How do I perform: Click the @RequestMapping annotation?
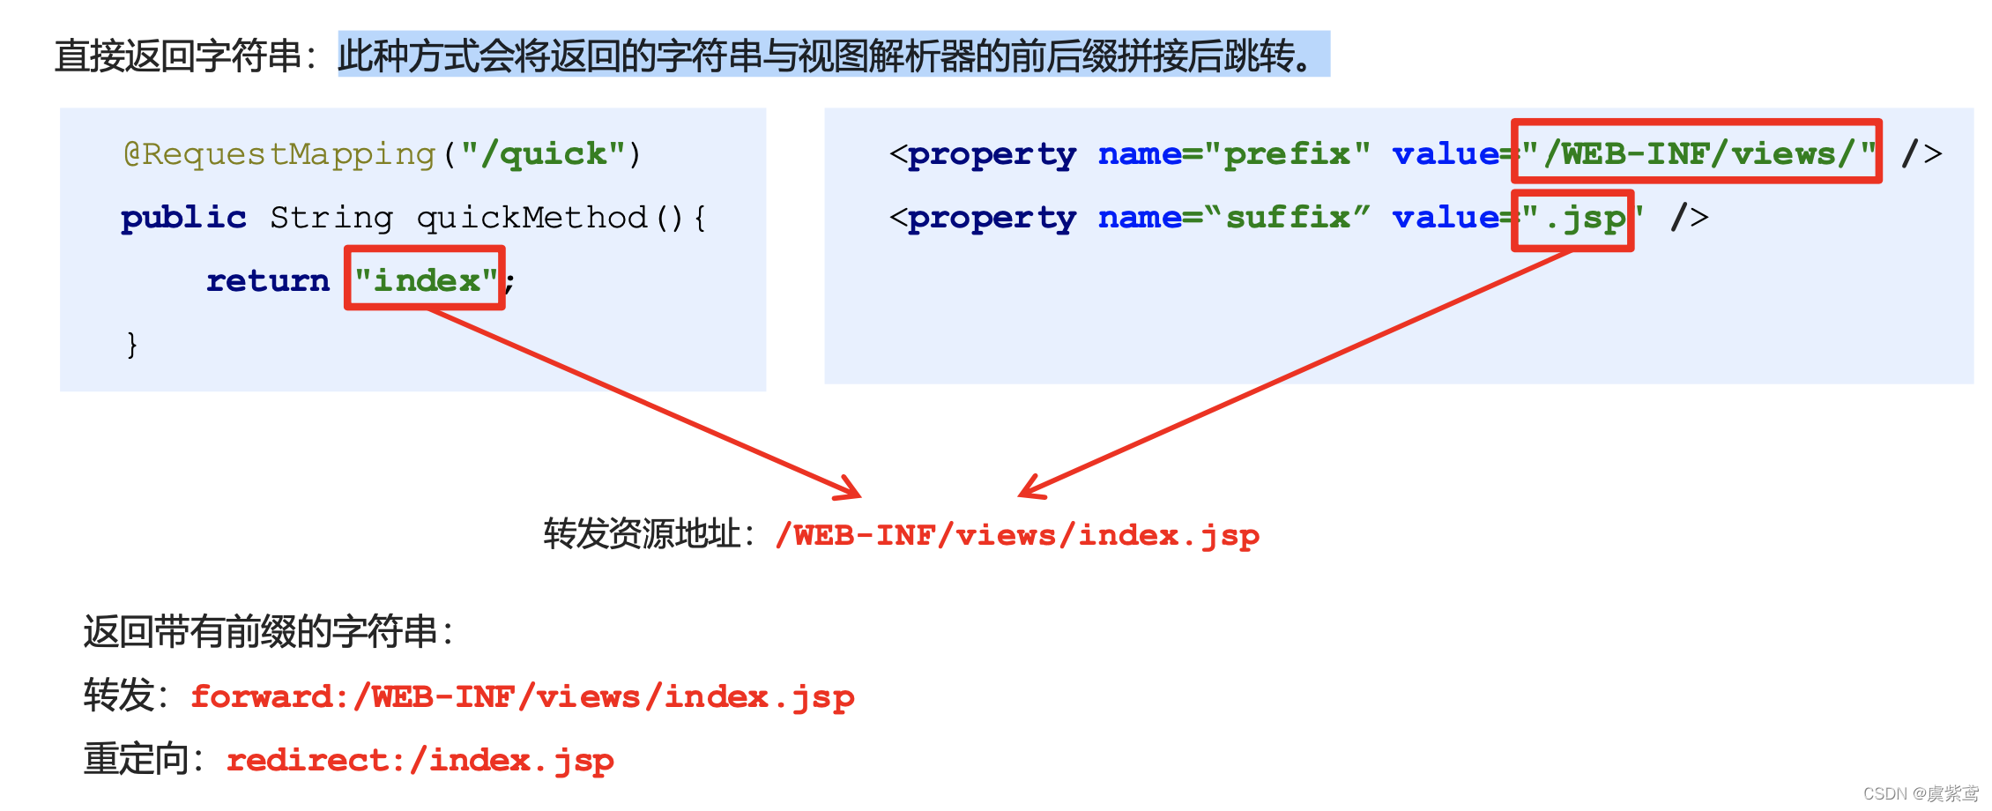[x=279, y=154]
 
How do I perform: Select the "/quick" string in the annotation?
[x=542, y=154]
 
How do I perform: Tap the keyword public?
[x=183, y=218]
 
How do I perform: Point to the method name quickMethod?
[x=531, y=218]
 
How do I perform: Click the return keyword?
[x=268, y=281]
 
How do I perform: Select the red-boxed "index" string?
[x=425, y=279]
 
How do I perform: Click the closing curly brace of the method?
[x=132, y=344]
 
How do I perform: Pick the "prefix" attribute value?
[x=1287, y=154]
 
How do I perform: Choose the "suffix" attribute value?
[x=1287, y=218]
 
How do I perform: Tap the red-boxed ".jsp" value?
[x=1573, y=219]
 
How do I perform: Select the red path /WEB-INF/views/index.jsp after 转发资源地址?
[x=1017, y=535]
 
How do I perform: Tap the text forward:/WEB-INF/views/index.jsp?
[x=523, y=697]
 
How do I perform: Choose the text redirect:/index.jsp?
[x=420, y=761]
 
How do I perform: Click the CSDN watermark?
[x=1920, y=793]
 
